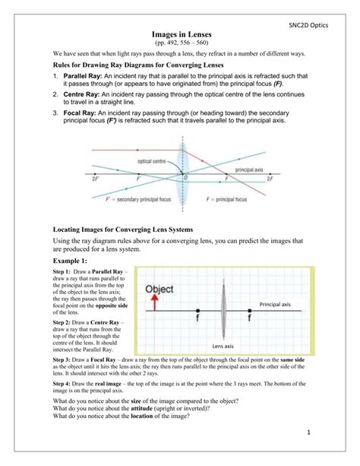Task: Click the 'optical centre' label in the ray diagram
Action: [x=153, y=160]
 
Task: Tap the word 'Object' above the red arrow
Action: [x=159, y=289]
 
